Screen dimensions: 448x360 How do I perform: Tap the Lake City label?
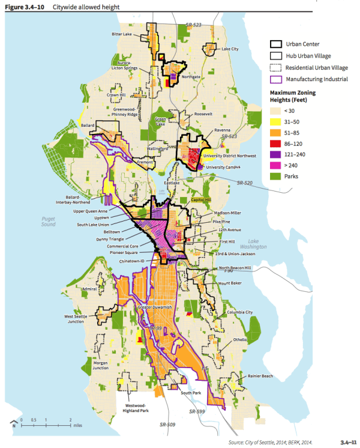click(x=230, y=48)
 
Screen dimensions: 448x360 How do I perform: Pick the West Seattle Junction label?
click(x=79, y=318)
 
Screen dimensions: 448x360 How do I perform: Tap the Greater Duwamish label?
click(x=155, y=307)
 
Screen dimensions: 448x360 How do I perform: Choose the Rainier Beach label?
click(x=259, y=376)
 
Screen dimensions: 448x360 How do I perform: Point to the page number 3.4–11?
click(x=346, y=441)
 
